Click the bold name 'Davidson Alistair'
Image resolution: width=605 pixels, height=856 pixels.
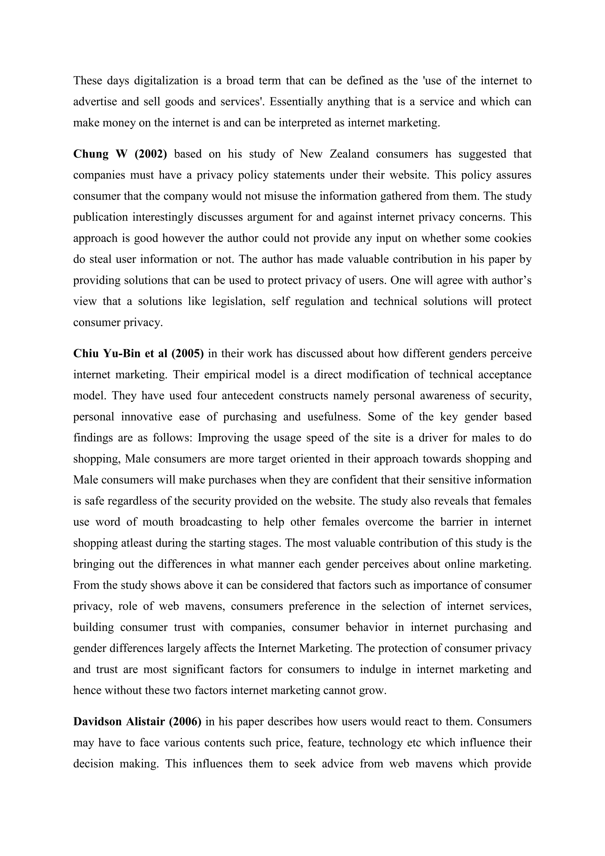[x=119, y=722]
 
